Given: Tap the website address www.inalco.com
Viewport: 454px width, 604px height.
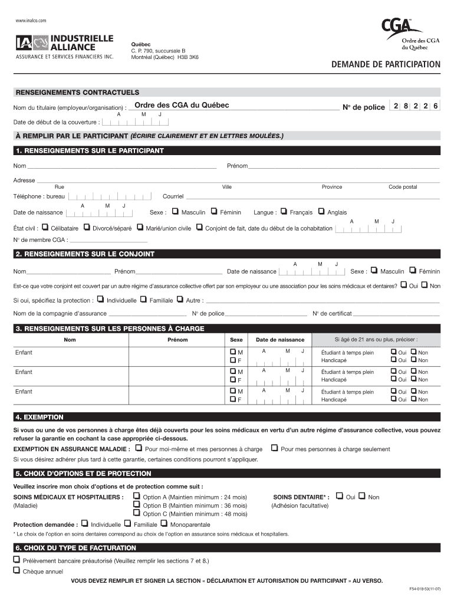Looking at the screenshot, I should point(31,21).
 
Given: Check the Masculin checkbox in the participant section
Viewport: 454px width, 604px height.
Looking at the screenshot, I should point(176,212).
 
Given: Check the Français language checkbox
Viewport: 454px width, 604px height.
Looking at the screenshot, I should point(284,212).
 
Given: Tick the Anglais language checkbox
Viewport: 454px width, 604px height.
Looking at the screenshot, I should point(321,212).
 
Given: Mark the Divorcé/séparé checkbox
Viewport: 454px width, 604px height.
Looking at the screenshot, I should point(87,227).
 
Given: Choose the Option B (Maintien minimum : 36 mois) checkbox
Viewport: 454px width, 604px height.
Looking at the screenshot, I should point(137,505).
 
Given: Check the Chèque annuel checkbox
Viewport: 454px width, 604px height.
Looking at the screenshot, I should point(17,570).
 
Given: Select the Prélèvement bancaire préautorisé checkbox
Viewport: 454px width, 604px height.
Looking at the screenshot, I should point(17,560).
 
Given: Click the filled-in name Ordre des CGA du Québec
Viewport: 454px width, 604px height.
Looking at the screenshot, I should point(182,106).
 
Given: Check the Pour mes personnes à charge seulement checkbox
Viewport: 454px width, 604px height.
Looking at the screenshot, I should point(274,448).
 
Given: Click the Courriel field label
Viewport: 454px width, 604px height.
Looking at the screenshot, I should point(173,196).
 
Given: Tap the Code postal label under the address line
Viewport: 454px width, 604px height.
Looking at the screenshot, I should point(402,187).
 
